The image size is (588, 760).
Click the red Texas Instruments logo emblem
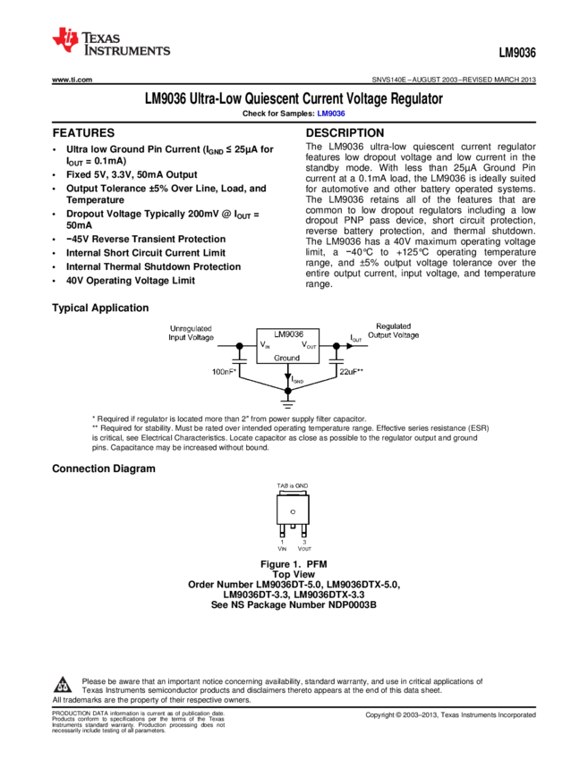65,40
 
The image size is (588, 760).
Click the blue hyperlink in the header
330,114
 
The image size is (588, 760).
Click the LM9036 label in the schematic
289,334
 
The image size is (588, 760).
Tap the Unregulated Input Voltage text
192,332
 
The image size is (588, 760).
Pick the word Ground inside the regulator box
287,358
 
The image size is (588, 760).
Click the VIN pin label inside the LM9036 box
266,345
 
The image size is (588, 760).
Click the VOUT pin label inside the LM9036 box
309,345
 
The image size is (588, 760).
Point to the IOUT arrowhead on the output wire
349,345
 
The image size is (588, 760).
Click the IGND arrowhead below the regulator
288,379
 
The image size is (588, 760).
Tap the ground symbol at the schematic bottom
288,404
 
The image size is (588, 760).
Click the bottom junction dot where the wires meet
288,391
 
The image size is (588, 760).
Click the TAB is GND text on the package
293,486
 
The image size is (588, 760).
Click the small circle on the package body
293,511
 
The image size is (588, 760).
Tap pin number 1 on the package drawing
282,542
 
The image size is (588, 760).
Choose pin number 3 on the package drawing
303,542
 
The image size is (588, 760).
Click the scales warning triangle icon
62,686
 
